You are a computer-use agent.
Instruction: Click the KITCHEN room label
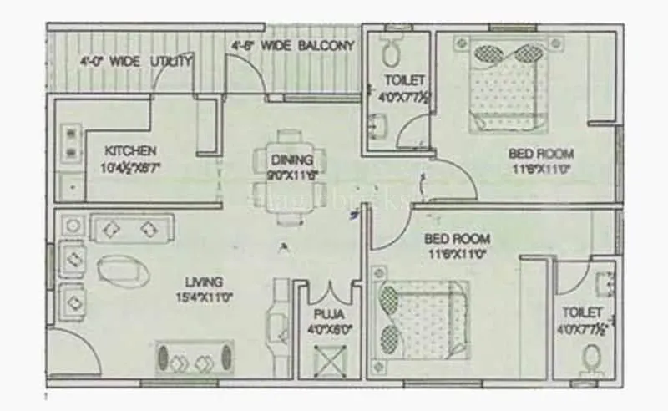130,151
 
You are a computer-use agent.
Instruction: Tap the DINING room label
291,160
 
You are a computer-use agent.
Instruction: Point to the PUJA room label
326,314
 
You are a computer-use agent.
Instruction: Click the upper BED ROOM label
541,154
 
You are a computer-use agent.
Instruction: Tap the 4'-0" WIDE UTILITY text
136,61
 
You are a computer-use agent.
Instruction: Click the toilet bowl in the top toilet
389,54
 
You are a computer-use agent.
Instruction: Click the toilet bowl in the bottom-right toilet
590,361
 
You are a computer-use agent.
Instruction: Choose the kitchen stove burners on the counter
71,143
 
